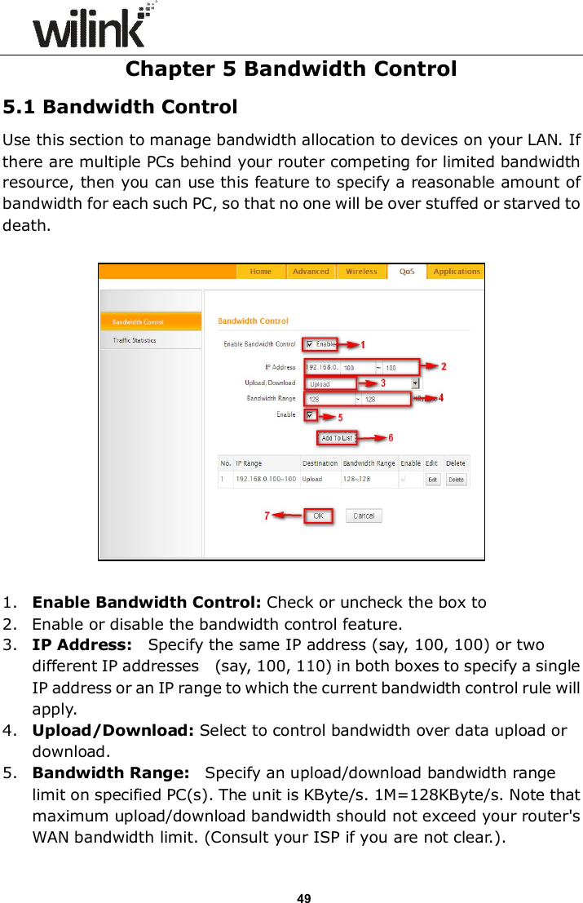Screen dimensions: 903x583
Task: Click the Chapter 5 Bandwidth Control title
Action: [291, 69]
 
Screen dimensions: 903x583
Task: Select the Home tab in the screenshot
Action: [261, 272]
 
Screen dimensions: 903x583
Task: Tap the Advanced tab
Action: [311, 272]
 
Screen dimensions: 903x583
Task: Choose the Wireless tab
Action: [361, 272]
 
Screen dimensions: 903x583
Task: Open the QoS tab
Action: [406, 272]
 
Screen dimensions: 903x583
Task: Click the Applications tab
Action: [456, 272]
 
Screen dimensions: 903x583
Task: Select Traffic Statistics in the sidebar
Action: [135, 340]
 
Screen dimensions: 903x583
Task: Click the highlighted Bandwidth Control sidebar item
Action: [139, 321]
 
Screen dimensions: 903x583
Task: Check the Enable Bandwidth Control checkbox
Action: [309, 344]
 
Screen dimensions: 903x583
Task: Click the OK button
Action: [319, 516]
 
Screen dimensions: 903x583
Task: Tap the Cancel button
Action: [364, 516]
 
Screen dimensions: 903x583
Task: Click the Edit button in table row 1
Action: [432, 480]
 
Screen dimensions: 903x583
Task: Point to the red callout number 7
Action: [267, 516]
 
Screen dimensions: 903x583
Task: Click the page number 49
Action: [303, 876]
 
